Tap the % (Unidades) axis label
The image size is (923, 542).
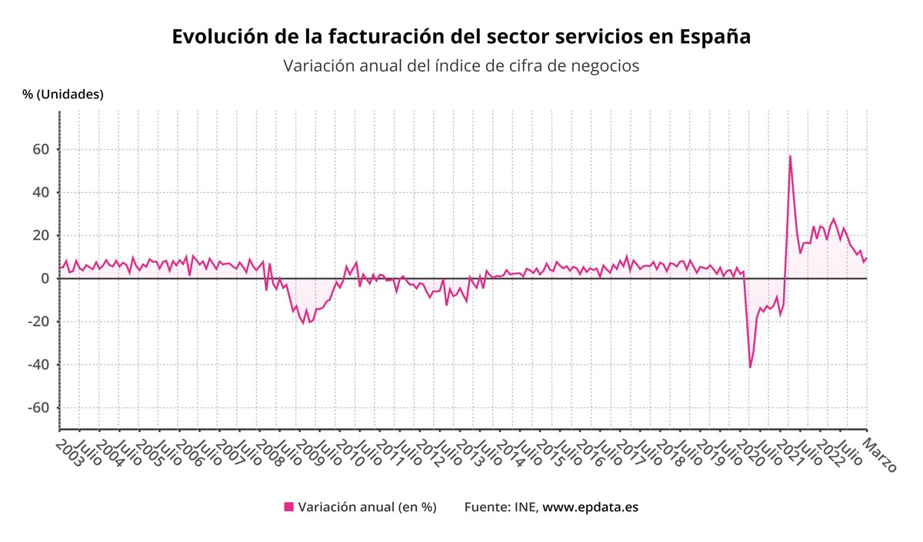coord(62,94)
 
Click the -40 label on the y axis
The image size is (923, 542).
coord(37,364)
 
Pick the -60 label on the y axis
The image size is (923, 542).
coord(37,407)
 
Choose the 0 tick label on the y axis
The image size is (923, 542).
coord(45,278)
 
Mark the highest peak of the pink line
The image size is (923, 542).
coord(790,157)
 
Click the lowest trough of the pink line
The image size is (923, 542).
coord(750,367)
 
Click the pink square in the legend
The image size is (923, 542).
coord(289,507)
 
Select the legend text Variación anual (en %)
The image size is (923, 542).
coord(367,507)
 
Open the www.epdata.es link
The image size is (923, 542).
coord(590,507)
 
